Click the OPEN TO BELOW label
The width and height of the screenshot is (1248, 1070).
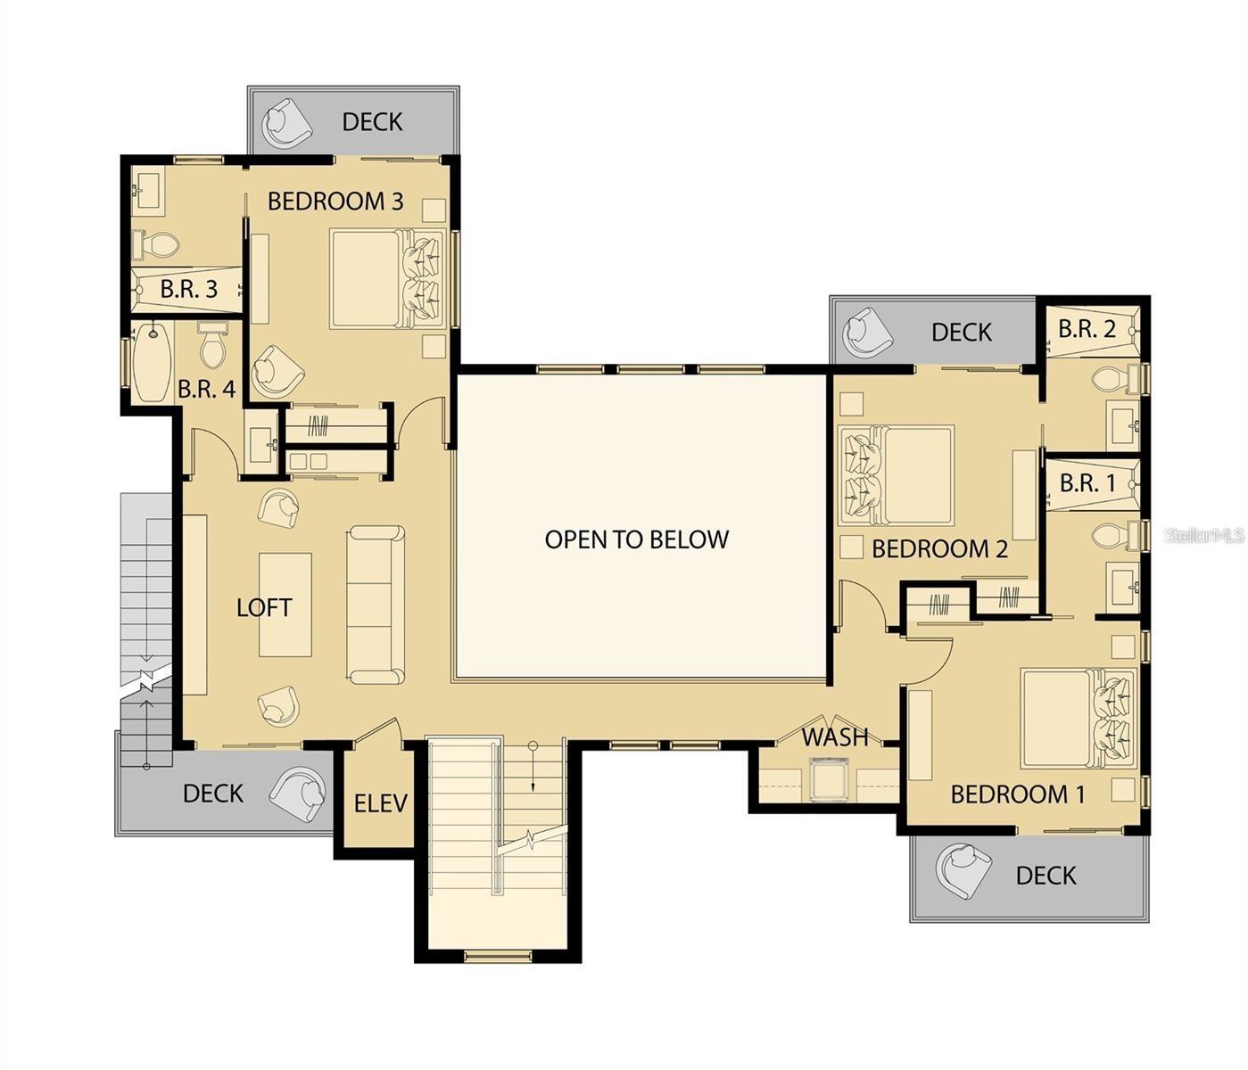click(x=636, y=539)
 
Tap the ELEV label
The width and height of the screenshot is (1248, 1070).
click(x=380, y=804)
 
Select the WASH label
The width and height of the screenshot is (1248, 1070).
click(x=835, y=737)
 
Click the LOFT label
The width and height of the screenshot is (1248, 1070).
click(x=264, y=608)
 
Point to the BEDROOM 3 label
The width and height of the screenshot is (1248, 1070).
click(x=335, y=201)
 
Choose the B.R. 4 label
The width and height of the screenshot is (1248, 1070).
click(x=206, y=390)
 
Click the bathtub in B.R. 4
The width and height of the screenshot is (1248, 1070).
click(x=152, y=361)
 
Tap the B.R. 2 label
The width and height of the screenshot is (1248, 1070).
click(x=1087, y=329)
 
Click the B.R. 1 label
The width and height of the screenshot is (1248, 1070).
click(x=1087, y=482)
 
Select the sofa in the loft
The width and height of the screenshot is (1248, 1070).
click(x=376, y=605)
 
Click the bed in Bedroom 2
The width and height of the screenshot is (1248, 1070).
click(x=896, y=475)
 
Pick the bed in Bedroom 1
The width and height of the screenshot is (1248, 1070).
click(x=1079, y=718)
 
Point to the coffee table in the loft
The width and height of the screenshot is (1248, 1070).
click(x=285, y=605)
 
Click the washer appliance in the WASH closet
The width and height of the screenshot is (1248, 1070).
click(x=830, y=778)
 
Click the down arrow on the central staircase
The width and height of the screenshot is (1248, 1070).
click(x=533, y=767)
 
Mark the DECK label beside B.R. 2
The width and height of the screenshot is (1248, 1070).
click(x=962, y=332)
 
